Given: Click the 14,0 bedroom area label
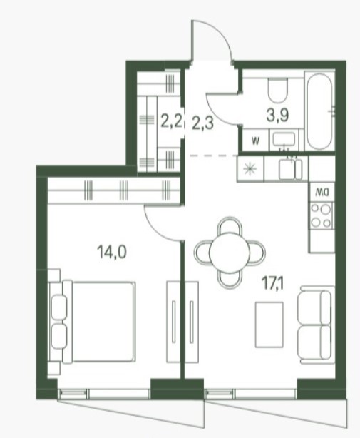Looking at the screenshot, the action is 112,252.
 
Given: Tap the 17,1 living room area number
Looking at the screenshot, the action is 272,284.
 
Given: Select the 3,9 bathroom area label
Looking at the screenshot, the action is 277,115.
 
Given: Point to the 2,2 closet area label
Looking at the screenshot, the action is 172,121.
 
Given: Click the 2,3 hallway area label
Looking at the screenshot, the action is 203,123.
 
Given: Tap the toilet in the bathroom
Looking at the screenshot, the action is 277,90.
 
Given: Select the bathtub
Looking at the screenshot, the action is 320,111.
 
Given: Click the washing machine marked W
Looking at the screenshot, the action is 255,141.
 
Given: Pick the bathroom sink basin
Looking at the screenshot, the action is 284,140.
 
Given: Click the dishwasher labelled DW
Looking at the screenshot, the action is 322,192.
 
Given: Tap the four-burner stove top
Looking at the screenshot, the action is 322,215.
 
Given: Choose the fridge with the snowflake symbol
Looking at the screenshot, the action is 250,169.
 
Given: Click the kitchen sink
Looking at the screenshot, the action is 291,169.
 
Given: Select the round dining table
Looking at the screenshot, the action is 230,253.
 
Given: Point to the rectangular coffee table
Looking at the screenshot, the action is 269,325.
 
